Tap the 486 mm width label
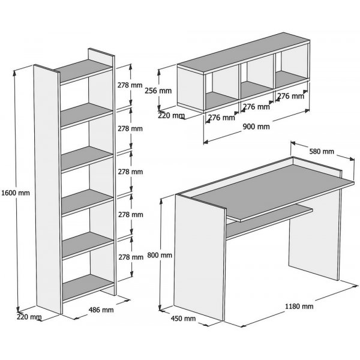pos(100,310)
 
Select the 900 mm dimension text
pos(257,127)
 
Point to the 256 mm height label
pos(159,91)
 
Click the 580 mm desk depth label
pos(321,151)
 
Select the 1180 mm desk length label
pos(299,307)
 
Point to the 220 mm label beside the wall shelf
pos(171,115)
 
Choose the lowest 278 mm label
pos(130,257)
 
